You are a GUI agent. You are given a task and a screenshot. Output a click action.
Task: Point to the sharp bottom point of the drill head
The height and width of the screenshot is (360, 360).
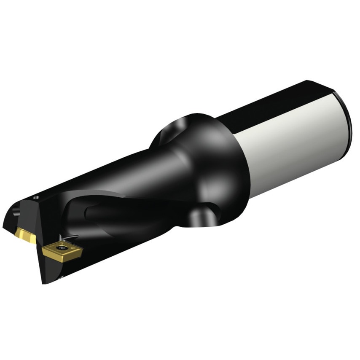(43, 282)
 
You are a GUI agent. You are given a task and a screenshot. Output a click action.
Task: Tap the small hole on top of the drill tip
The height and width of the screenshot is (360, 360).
(36, 196)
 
